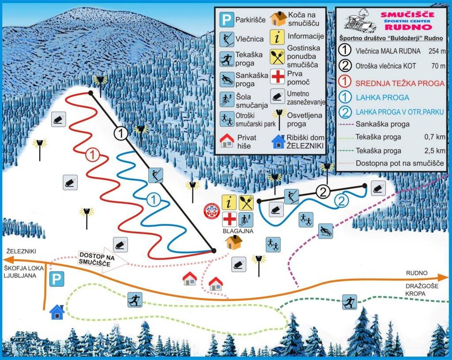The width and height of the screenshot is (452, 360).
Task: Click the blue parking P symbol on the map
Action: (x=56, y=279)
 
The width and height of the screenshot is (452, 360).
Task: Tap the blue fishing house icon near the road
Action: (x=57, y=312)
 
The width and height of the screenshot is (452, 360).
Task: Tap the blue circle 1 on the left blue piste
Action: (x=153, y=200)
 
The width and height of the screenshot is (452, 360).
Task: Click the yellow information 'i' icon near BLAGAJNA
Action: (x=229, y=202)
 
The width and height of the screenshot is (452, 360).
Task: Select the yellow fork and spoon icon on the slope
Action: (x=246, y=202)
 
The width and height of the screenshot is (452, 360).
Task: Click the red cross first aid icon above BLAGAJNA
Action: (x=229, y=219)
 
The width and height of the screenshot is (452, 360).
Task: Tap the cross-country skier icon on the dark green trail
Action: (x=349, y=303)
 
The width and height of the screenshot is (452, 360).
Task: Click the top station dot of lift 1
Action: (x=90, y=93)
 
